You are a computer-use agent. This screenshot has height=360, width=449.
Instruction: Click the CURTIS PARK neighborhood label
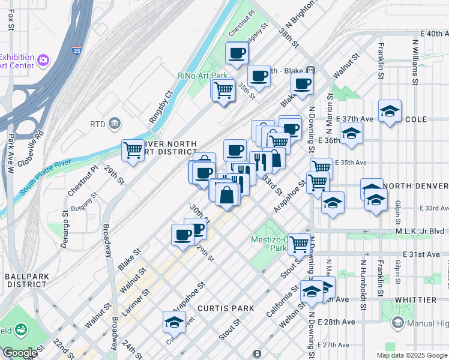click(226, 308)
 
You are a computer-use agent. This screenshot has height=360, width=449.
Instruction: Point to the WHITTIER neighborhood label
click(415, 299)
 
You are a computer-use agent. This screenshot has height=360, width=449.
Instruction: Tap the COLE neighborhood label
click(415, 119)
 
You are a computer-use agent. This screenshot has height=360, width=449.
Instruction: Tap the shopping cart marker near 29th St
click(133, 150)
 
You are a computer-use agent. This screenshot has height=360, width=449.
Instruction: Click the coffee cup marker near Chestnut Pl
click(237, 53)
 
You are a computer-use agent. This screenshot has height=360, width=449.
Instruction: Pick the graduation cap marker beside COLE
click(390, 110)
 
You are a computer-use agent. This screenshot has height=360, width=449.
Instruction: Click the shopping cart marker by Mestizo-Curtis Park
click(299, 243)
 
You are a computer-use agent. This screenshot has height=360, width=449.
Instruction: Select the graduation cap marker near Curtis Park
click(174, 322)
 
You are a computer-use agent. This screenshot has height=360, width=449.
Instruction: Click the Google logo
click(20, 353)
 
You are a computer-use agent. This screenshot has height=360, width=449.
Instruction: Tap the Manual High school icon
click(397, 323)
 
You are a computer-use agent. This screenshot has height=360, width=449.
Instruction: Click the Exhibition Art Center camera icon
click(43, 60)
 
